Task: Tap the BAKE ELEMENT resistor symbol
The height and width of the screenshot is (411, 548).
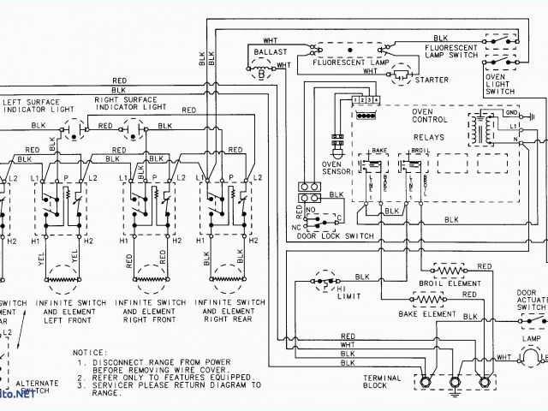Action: (x=428, y=300)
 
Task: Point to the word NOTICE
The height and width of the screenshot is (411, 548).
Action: (x=89, y=352)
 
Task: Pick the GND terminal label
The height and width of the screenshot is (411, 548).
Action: (x=511, y=112)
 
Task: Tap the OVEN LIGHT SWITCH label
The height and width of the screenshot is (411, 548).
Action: (x=500, y=84)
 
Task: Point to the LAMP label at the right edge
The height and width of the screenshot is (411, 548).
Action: (x=533, y=340)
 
